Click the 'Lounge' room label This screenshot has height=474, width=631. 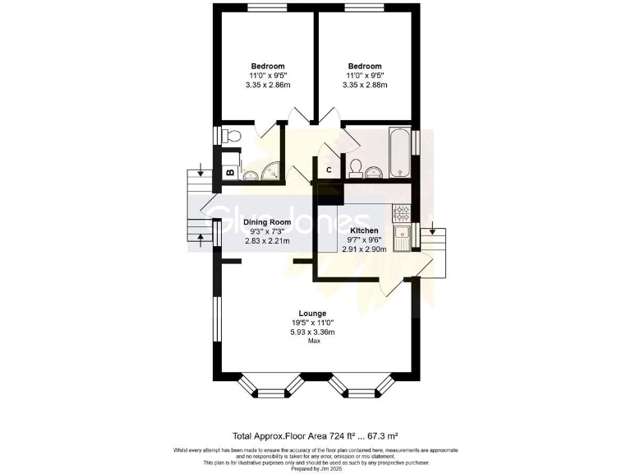pos(312,314)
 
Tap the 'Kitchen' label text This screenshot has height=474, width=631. pos(364,230)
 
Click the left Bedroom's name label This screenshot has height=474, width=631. pos(268,66)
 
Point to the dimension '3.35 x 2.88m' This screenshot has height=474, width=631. pos(364,85)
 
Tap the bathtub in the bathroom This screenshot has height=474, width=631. pos(400,152)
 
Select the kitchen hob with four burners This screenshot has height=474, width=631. pos(402,212)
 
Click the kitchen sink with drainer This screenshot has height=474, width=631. pos(402,239)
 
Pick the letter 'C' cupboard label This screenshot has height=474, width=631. pos(329,170)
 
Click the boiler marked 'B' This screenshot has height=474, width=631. pos(229,174)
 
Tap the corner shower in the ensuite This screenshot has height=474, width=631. pos(270,171)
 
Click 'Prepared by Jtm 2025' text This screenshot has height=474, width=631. pos(315,468)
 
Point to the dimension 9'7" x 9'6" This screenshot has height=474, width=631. pos(364,239)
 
